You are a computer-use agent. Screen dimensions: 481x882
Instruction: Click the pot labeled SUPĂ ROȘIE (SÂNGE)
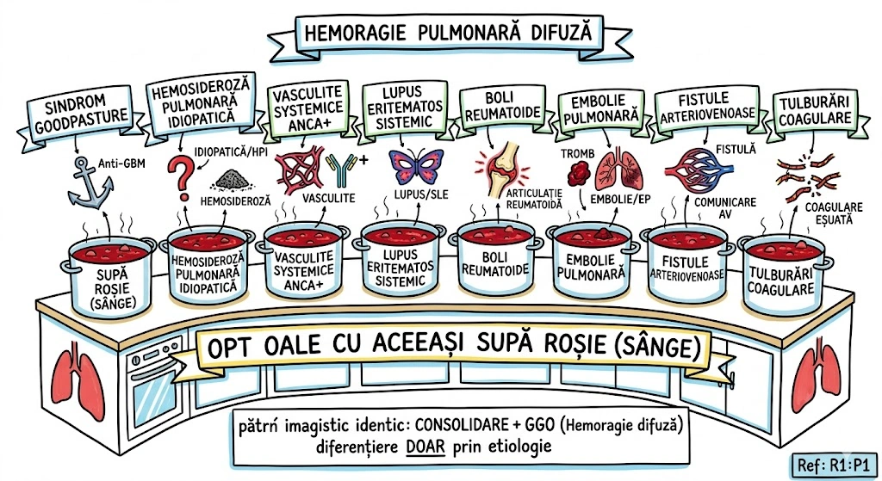click(110, 271)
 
